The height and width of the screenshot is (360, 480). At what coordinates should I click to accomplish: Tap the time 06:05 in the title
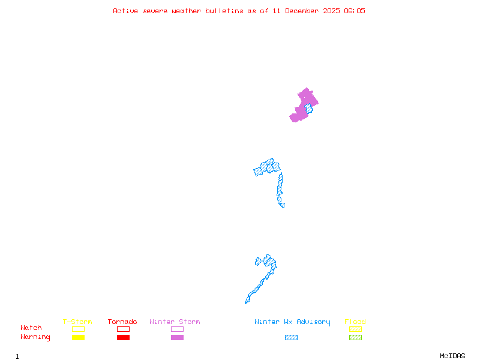354,11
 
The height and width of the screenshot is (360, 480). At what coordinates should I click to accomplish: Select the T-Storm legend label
77,322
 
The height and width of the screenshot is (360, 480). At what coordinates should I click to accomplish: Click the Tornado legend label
122,322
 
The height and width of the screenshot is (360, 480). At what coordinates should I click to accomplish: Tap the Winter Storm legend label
175,322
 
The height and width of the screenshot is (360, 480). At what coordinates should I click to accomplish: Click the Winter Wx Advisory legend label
292,322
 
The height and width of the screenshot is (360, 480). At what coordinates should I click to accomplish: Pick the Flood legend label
355,322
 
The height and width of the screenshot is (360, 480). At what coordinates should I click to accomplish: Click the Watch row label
31,328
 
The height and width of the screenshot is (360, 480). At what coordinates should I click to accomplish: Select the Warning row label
35,337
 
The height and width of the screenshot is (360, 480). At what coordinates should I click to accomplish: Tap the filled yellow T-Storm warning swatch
78,337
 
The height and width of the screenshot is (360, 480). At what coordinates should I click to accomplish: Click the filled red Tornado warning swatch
123,337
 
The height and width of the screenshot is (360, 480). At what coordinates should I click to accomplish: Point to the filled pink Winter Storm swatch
177,337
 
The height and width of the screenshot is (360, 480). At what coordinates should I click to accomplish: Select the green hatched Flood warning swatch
355,337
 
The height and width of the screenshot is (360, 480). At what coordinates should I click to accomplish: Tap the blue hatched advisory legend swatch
291,337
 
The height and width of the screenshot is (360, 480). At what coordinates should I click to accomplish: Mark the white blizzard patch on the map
286,205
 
